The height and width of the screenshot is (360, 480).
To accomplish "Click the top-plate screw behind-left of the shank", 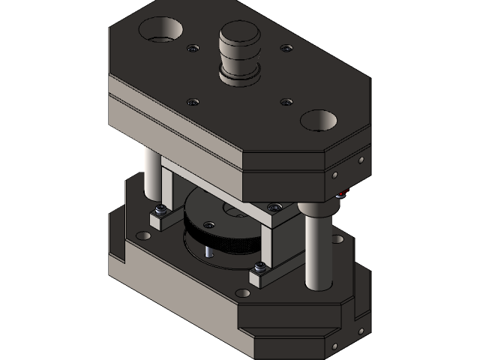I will tap(193, 49).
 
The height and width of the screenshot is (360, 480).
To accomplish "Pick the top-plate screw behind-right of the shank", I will tap(286, 49).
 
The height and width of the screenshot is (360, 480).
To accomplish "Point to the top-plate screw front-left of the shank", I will tap(193, 101).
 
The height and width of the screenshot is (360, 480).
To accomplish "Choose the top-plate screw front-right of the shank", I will tap(285, 101).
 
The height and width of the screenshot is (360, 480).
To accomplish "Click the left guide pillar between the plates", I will tap(152, 180).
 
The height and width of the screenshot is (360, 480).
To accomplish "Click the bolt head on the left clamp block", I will tap(160, 209).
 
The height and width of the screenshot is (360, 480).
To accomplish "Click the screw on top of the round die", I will tap(209, 224).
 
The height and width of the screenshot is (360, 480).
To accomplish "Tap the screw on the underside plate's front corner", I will tap(275, 205).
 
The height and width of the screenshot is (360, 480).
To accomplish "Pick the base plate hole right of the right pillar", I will tap(338, 239).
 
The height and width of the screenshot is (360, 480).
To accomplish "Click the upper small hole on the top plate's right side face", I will tap(361, 160).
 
